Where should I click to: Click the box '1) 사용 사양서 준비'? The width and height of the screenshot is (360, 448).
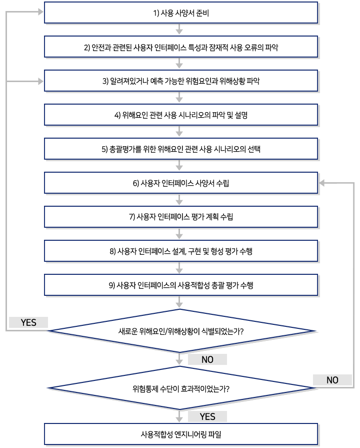pos(181,13)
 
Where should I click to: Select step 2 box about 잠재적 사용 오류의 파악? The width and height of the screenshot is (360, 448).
pos(181,48)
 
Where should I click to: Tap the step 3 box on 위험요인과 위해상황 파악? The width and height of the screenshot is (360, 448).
pos(181,81)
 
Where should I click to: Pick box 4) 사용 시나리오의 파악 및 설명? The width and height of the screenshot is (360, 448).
pos(181,115)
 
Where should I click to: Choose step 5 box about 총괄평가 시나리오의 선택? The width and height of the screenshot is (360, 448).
pos(181,149)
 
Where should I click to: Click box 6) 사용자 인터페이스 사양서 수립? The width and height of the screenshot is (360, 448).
pos(181,183)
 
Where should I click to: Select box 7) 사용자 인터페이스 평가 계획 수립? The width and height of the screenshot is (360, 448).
pos(181,217)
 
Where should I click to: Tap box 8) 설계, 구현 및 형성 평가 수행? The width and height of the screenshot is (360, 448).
pos(181,251)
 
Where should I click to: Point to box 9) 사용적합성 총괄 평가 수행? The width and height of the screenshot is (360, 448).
pos(181,285)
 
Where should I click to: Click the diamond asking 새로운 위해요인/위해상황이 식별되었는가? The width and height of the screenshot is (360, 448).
pos(181,331)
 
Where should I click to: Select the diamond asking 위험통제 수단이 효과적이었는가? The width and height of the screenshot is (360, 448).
pos(181,388)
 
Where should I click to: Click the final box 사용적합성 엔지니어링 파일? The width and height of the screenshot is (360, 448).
pos(181,433)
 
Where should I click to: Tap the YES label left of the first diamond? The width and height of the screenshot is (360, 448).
pos(28,323)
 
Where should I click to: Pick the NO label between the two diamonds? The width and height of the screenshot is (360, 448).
pos(207,359)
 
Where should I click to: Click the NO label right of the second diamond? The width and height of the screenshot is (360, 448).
pos(332,380)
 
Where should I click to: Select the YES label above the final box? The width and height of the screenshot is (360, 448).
pos(207,416)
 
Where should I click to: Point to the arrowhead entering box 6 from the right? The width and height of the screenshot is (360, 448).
pos(323,183)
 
